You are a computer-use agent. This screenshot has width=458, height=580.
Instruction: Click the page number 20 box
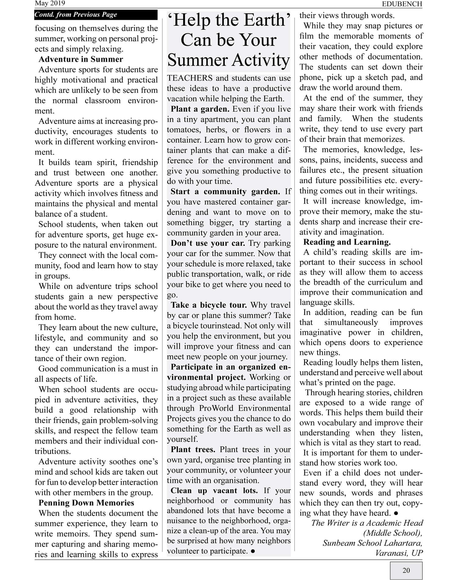tap(406, 570)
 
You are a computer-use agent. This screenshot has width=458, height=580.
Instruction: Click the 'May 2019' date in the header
tap(50, 3)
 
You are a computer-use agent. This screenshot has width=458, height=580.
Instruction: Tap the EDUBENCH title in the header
tap(402, 4)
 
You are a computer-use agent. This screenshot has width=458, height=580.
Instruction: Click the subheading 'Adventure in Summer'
tap(81, 59)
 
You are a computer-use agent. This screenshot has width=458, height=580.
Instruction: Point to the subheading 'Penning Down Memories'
tap(86, 503)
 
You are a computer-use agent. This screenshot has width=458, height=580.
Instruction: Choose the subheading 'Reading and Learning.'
tap(347, 242)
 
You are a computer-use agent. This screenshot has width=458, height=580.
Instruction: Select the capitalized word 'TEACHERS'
tap(190, 78)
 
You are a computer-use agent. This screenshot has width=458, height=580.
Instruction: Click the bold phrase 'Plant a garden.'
tap(200, 109)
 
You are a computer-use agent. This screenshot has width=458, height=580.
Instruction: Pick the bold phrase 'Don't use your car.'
tap(208, 243)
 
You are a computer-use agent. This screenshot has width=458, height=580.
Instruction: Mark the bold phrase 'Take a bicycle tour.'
tap(209, 305)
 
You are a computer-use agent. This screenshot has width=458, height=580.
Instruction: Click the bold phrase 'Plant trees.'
tap(193, 450)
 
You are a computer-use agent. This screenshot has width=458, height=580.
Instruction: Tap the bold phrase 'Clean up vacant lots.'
tap(214, 491)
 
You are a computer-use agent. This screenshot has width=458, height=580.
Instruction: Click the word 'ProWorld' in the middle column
tap(216, 408)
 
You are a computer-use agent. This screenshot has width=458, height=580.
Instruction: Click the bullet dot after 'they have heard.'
tap(396, 513)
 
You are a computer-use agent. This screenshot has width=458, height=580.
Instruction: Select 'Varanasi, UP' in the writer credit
tap(399, 553)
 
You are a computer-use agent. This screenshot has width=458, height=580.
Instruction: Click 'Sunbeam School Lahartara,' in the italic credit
tap(373, 543)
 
